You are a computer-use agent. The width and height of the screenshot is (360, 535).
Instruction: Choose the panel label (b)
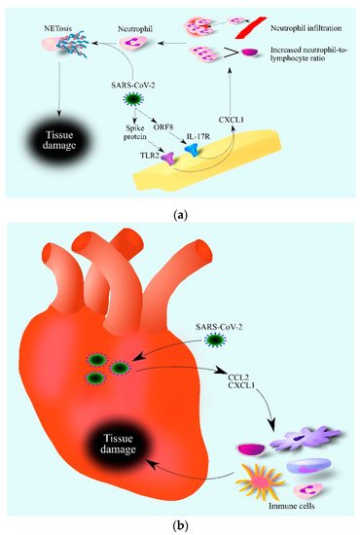[180, 524]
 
